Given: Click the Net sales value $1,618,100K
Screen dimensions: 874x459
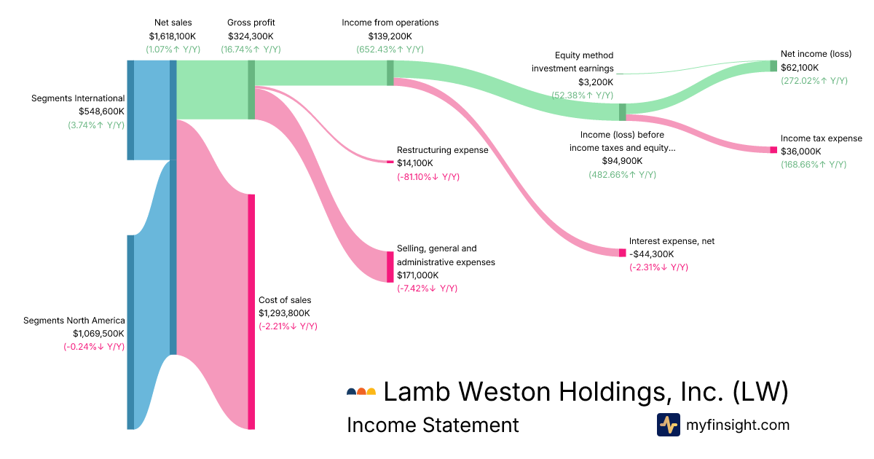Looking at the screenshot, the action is (173, 36).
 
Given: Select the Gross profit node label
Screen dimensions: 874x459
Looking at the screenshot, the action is (251, 23).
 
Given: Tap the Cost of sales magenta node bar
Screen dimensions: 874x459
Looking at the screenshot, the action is (251, 312).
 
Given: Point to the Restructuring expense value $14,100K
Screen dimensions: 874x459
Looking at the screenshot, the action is (415, 163).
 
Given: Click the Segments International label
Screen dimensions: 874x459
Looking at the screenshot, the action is (78, 98).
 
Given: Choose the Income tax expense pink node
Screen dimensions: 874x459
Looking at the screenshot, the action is (773, 149).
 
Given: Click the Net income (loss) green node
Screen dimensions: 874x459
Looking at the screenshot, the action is (773, 66).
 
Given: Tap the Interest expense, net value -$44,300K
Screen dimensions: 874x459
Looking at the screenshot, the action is (652, 254).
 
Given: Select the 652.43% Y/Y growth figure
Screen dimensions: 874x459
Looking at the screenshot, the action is (390, 49).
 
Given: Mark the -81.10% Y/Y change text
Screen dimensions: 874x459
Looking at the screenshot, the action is (428, 177).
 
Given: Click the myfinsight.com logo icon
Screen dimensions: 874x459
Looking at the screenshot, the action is (668, 425).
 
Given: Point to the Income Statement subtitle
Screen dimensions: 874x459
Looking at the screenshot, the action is (433, 425).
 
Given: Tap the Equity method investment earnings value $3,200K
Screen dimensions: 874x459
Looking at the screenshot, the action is (596, 82).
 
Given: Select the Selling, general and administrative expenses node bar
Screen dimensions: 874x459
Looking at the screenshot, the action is (390, 267).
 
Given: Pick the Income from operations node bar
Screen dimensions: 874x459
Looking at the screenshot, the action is (390, 73).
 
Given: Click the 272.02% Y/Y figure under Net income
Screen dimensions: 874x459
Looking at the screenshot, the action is (814, 81).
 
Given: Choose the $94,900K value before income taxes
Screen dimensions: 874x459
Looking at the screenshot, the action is (622, 160).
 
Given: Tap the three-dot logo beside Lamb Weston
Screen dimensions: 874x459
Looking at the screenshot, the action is (361, 392).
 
